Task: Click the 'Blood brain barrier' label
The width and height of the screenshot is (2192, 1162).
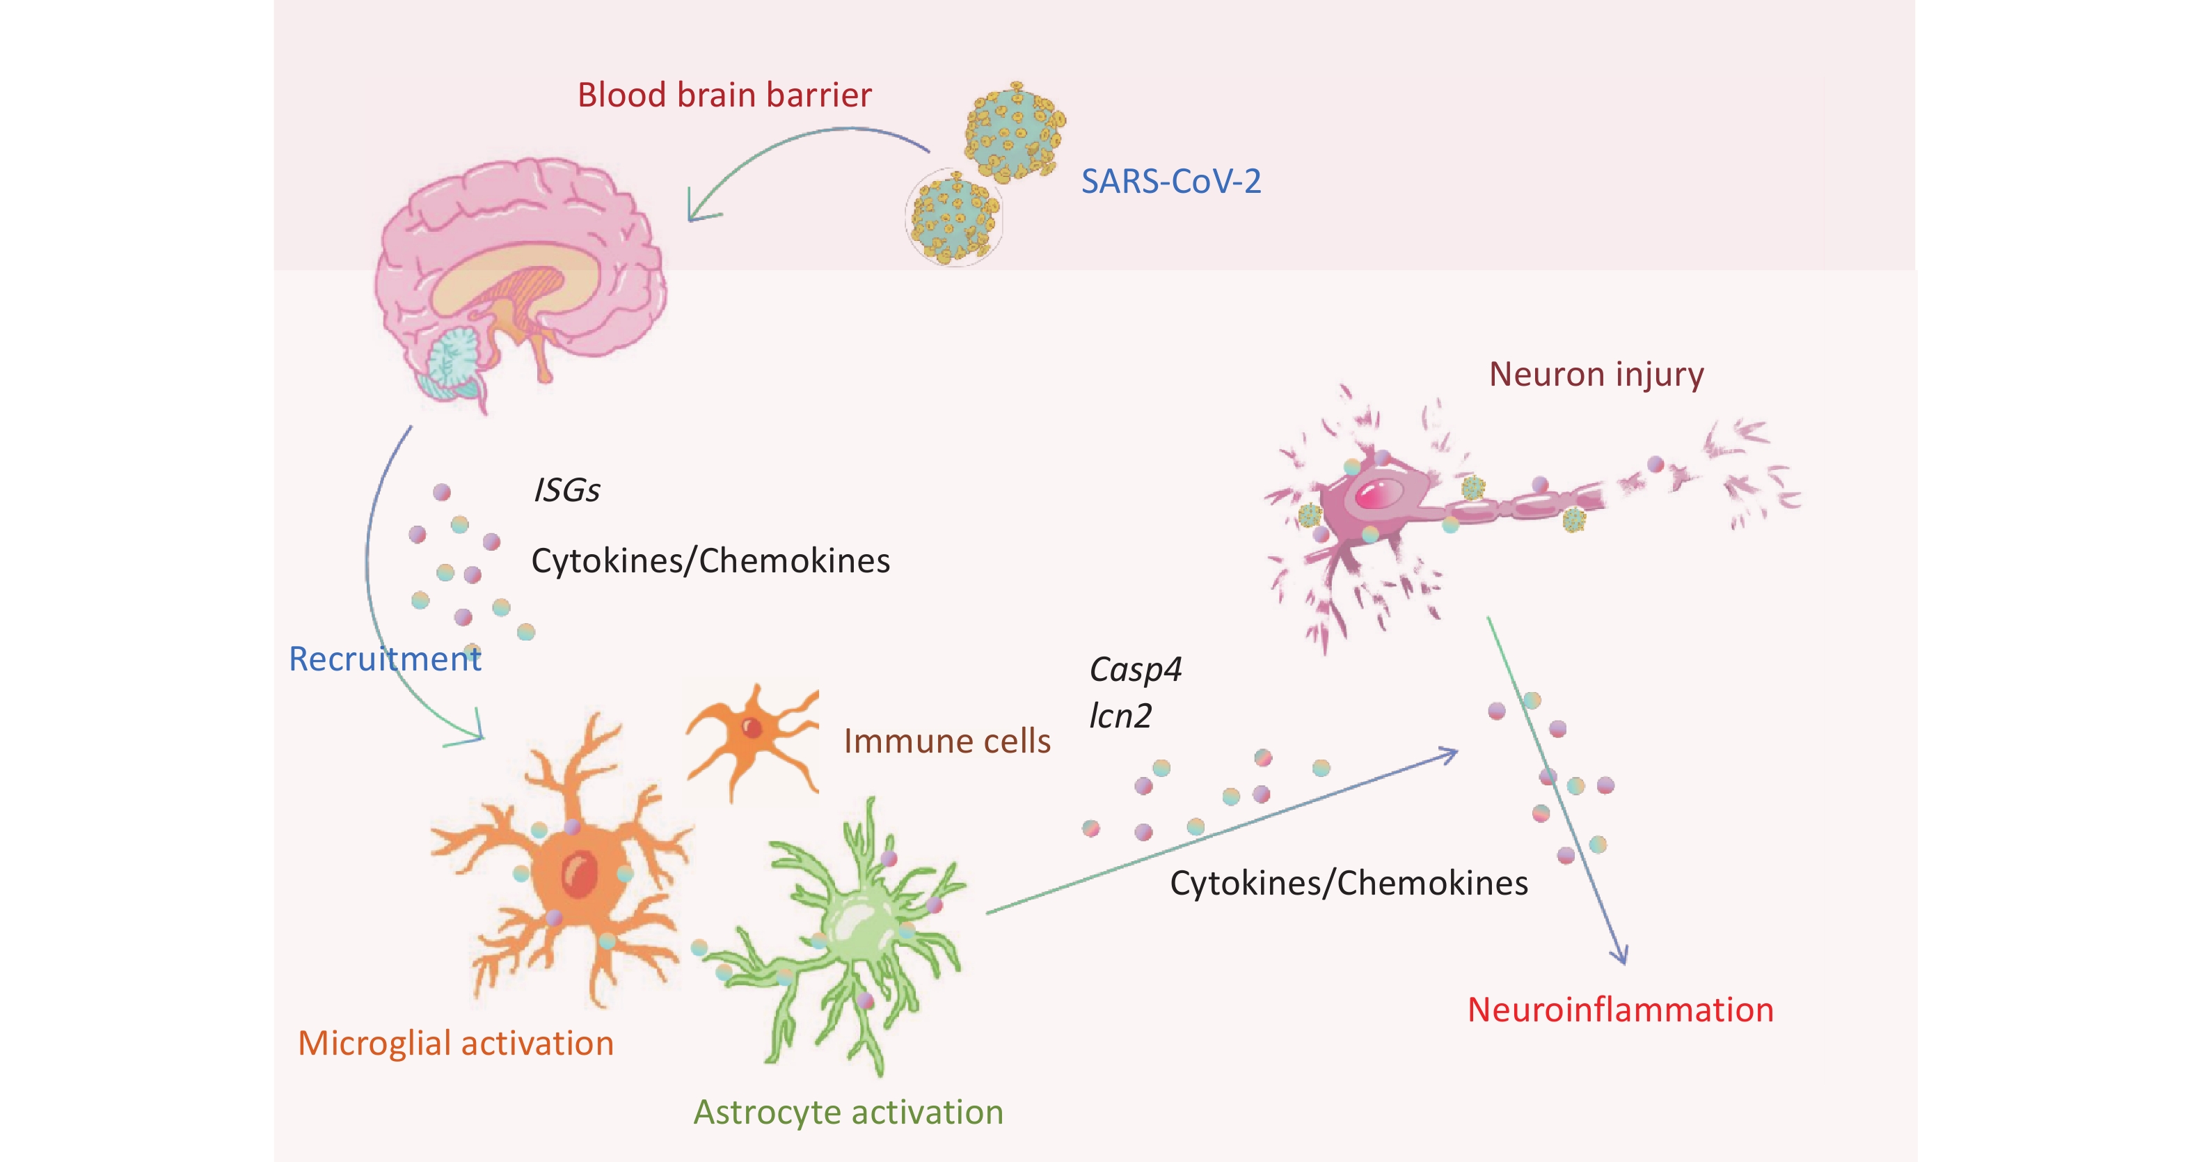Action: click(x=724, y=95)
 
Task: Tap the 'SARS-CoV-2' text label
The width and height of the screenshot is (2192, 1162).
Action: click(x=1171, y=181)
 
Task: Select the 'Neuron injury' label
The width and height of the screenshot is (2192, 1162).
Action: click(x=1596, y=375)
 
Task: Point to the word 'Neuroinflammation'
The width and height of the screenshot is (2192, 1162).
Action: click(x=1620, y=1010)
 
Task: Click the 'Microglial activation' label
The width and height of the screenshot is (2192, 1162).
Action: click(x=455, y=1043)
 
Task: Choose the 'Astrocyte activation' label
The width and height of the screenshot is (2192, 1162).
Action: click(x=848, y=1112)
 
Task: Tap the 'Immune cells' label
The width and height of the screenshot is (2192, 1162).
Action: click(x=947, y=741)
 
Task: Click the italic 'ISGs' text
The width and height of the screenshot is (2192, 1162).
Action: click(x=566, y=490)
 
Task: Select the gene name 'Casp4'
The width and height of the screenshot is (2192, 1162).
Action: click(x=1135, y=670)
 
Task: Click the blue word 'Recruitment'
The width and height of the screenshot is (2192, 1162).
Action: click(x=385, y=659)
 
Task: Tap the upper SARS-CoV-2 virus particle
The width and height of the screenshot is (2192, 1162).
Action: click(x=1013, y=132)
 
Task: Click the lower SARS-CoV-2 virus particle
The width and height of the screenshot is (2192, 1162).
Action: click(x=954, y=218)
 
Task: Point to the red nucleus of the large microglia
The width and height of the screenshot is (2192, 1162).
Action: click(x=580, y=874)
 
